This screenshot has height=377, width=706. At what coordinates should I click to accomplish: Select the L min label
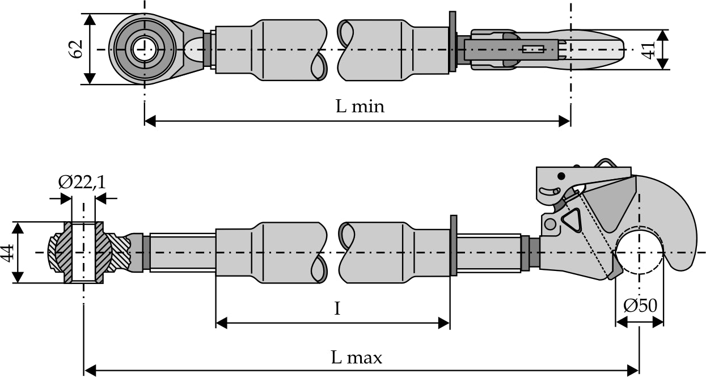tap(360, 106)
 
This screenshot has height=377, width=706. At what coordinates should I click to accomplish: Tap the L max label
tap(356, 358)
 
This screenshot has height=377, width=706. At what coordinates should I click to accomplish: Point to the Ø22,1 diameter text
tap(82, 182)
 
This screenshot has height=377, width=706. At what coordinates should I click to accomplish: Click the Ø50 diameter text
tap(640, 306)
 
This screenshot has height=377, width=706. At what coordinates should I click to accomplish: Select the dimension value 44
tap(7, 252)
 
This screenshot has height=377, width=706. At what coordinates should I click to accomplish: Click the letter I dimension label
tap(337, 309)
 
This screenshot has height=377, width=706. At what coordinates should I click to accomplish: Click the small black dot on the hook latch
tap(561, 175)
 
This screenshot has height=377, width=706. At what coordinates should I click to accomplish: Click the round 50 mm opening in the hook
tap(640, 252)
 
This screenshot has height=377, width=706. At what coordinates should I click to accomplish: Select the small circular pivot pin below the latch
tap(549, 224)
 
